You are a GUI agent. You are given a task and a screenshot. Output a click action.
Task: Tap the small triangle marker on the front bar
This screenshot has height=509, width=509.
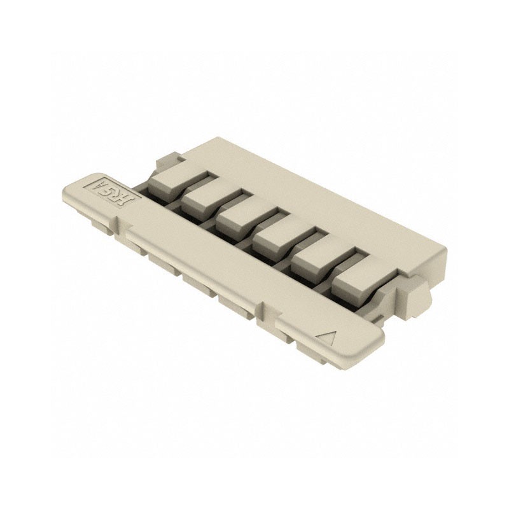click(x=329, y=336)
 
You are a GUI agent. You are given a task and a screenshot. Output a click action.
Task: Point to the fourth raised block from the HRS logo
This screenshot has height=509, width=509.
click(x=278, y=241)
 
